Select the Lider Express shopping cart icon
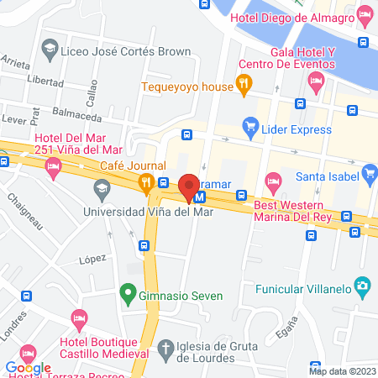249,127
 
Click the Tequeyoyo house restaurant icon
244,82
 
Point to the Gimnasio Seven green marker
127,294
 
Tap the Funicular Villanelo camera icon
362,286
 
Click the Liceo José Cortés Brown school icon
50,50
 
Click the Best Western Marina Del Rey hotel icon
272,181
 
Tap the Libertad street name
45,82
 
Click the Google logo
28,367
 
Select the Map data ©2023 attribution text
342,371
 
